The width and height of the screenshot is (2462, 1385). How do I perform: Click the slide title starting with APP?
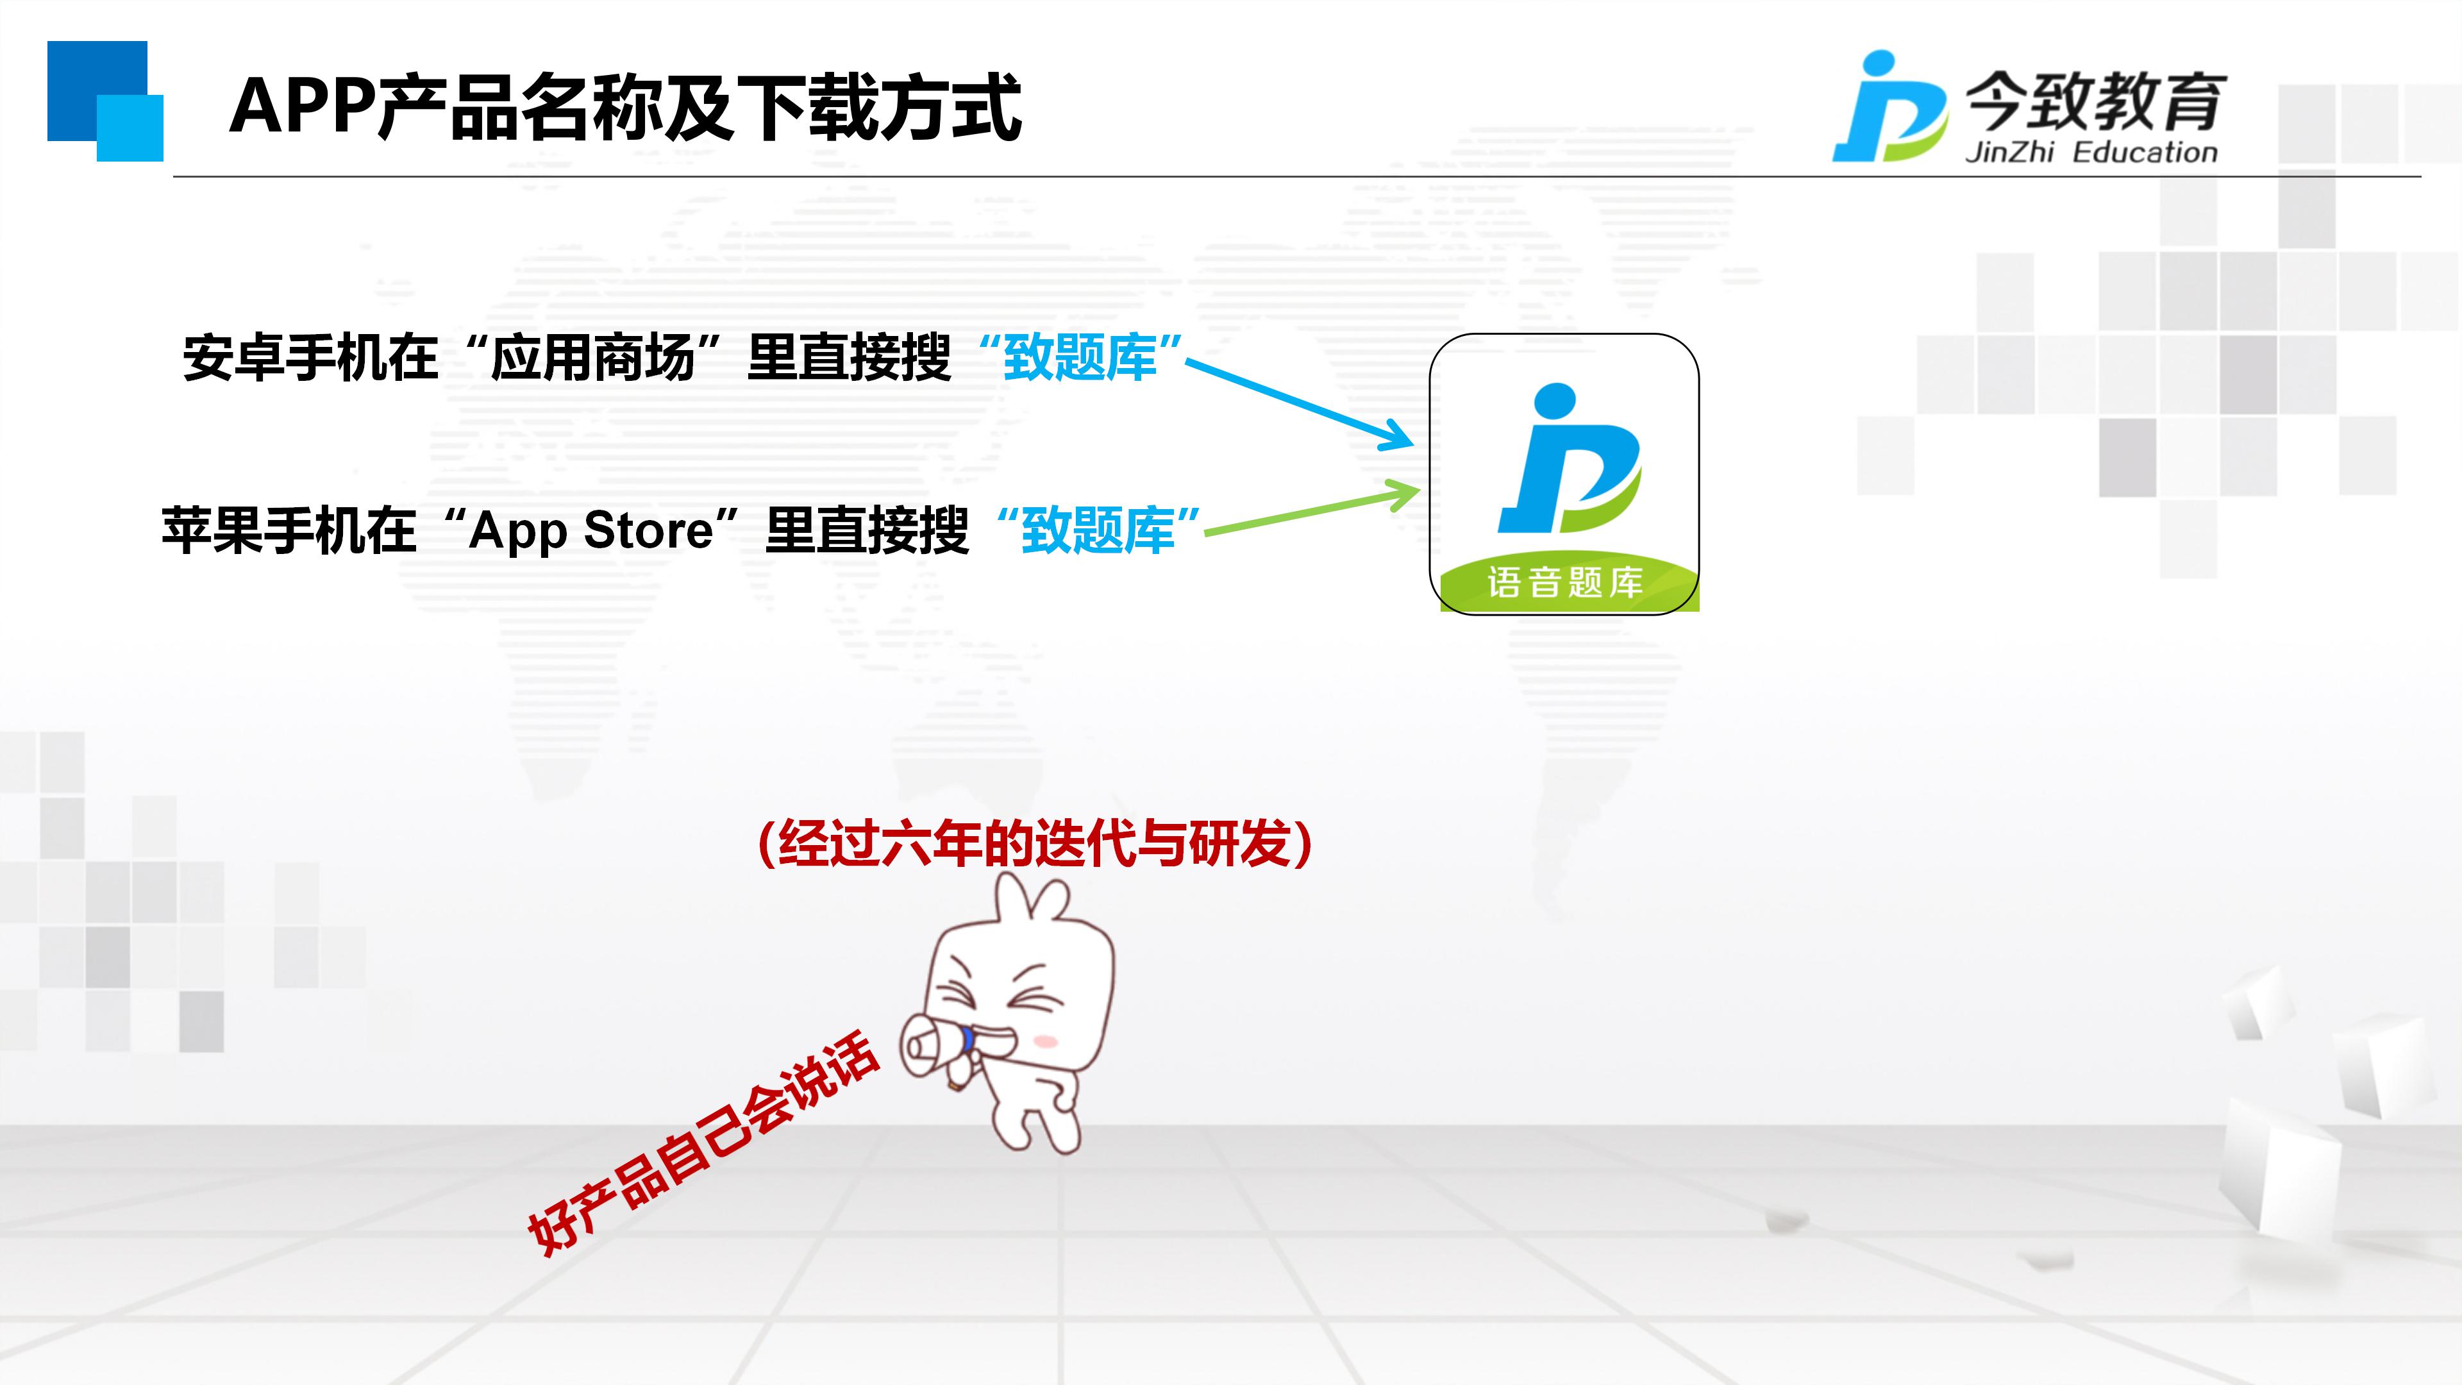click(626, 107)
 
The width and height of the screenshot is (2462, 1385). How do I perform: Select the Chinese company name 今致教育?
click(2096, 101)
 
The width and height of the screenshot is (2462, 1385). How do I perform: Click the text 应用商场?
click(592, 358)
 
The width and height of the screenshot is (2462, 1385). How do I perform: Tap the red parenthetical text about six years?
click(1034, 843)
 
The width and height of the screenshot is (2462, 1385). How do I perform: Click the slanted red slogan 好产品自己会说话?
click(703, 1141)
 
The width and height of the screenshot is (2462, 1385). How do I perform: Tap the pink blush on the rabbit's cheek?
click(1046, 1041)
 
